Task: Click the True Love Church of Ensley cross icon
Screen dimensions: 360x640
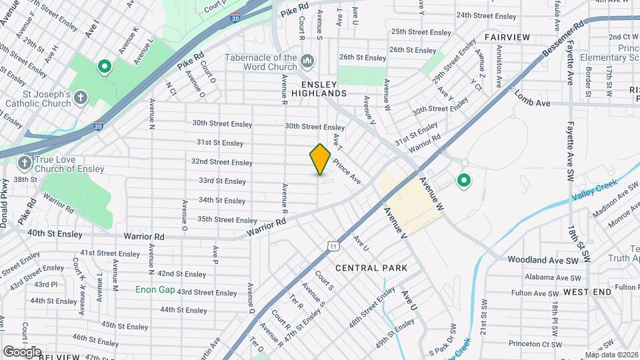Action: tap(25, 163)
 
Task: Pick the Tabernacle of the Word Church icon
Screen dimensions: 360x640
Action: tap(307, 62)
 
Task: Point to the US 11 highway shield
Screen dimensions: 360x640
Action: tap(333, 247)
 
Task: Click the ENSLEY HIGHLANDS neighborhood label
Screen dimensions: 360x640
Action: tap(324, 89)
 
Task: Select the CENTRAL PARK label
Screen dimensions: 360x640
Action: tap(371, 268)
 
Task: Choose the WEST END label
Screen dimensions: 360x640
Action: tap(587, 292)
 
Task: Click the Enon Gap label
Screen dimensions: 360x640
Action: tap(155, 289)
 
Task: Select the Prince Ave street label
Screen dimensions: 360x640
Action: tap(347, 171)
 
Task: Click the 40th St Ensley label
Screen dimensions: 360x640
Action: tap(55, 234)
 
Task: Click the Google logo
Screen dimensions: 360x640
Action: tap(22, 351)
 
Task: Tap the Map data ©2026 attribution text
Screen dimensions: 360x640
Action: tap(611, 355)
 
